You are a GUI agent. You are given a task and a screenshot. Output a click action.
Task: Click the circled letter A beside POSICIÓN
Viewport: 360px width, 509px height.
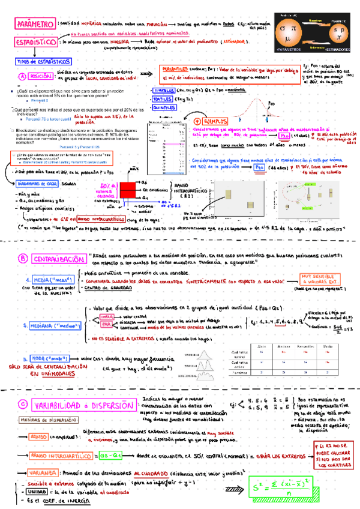(x=22, y=76)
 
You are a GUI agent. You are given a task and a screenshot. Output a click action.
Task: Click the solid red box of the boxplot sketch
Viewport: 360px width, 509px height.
(x=127, y=190)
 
